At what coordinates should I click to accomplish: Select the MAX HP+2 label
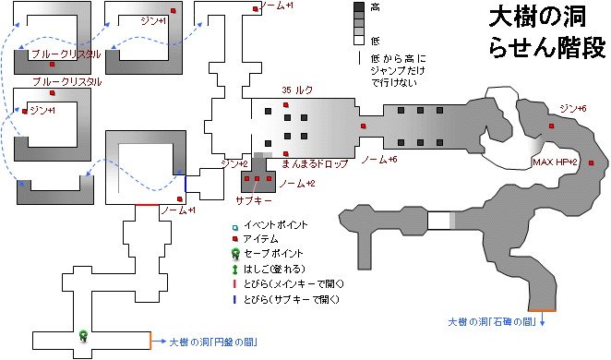coord(555,162)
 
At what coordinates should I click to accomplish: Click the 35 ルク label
coord(298,90)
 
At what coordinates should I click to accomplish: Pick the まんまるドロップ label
coord(314,163)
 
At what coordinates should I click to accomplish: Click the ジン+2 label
coord(235,163)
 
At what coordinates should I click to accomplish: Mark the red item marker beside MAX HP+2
coord(591,163)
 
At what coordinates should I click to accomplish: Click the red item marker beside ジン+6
coord(551,126)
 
